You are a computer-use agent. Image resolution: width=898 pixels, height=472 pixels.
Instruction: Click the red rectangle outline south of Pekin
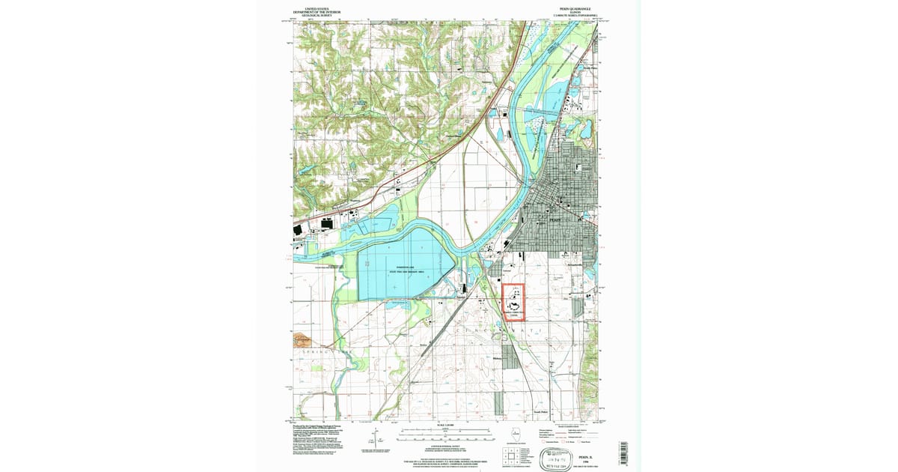tap(513, 303)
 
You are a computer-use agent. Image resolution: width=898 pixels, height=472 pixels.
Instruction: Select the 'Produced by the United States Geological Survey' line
tap(315, 425)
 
